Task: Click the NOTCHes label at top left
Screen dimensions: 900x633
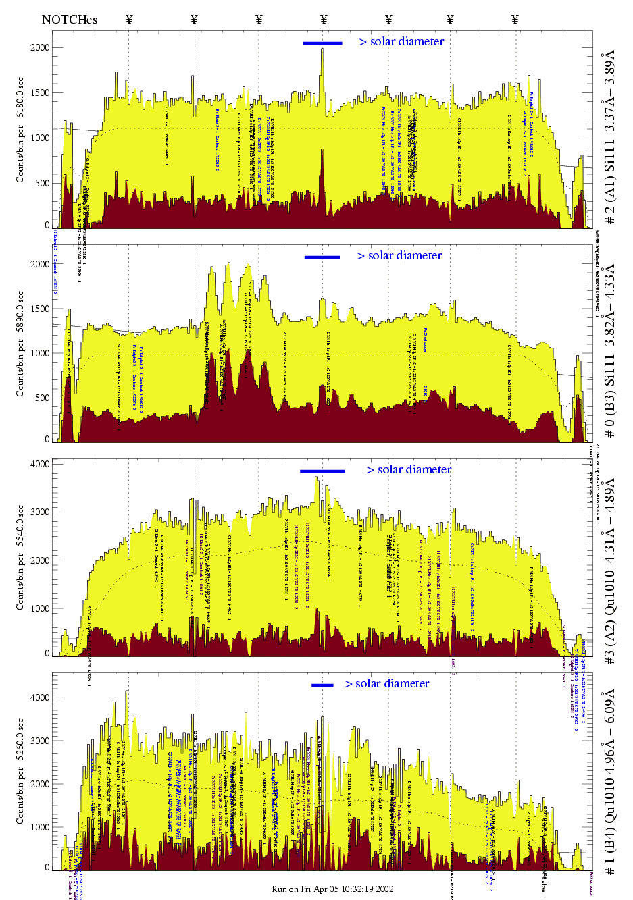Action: (x=69, y=20)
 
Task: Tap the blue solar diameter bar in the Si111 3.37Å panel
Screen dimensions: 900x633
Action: (x=322, y=43)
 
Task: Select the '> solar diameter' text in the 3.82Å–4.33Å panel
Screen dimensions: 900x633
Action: (x=399, y=255)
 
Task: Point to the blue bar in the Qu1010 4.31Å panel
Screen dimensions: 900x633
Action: (x=322, y=471)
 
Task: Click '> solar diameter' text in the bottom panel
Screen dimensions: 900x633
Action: (x=387, y=683)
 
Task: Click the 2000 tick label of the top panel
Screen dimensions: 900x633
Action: (x=40, y=47)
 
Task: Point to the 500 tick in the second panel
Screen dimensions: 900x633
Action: (x=43, y=398)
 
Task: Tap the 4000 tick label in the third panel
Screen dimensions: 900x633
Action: (x=40, y=464)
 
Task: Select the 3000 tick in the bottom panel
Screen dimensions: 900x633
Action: (x=40, y=741)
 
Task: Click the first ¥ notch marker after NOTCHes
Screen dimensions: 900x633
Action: (x=129, y=20)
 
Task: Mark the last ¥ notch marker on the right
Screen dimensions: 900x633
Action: (x=515, y=20)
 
